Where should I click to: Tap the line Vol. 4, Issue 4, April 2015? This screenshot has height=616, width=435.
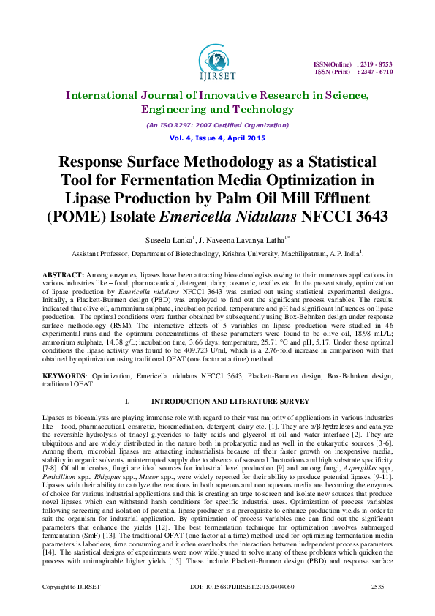point(217,138)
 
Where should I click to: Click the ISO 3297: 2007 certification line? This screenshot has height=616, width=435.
point(217,125)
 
